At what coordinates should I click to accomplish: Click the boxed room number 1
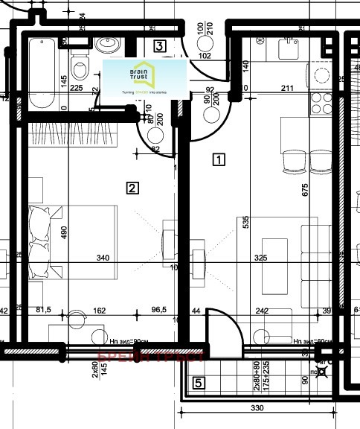pos(219,159)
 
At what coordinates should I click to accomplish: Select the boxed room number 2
pos(132,188)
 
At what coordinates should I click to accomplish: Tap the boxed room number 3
pos(159,46)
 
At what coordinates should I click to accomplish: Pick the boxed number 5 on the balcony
pos(198,384)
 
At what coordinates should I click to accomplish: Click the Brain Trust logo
pos(145,78)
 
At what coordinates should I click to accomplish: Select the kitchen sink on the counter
pos(286,49)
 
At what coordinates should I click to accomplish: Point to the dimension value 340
pos(103,259)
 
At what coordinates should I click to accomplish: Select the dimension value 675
pos(304,190)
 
